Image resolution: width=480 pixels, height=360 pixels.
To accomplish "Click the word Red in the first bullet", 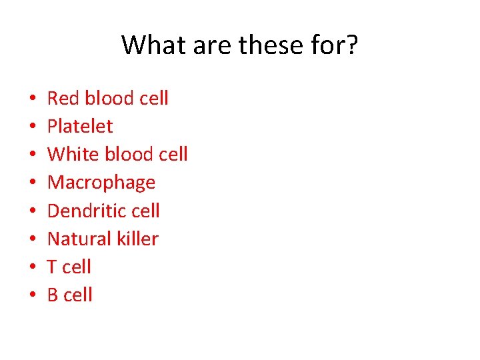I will (x=63, y=99).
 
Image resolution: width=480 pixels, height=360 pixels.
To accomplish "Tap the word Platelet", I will (x=80, y=127).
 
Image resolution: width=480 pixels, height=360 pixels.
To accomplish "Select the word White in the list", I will (x=71, y=155).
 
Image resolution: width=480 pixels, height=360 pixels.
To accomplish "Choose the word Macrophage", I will (x=101, y=183).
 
